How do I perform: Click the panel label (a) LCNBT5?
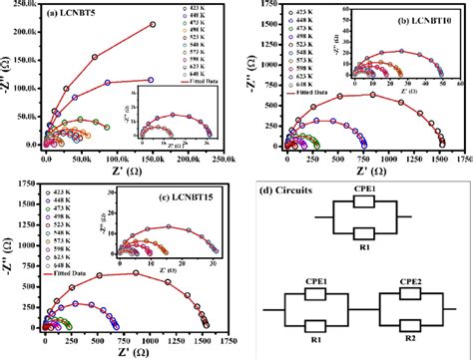tap(72, 15)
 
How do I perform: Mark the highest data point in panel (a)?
tap(152, 24)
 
